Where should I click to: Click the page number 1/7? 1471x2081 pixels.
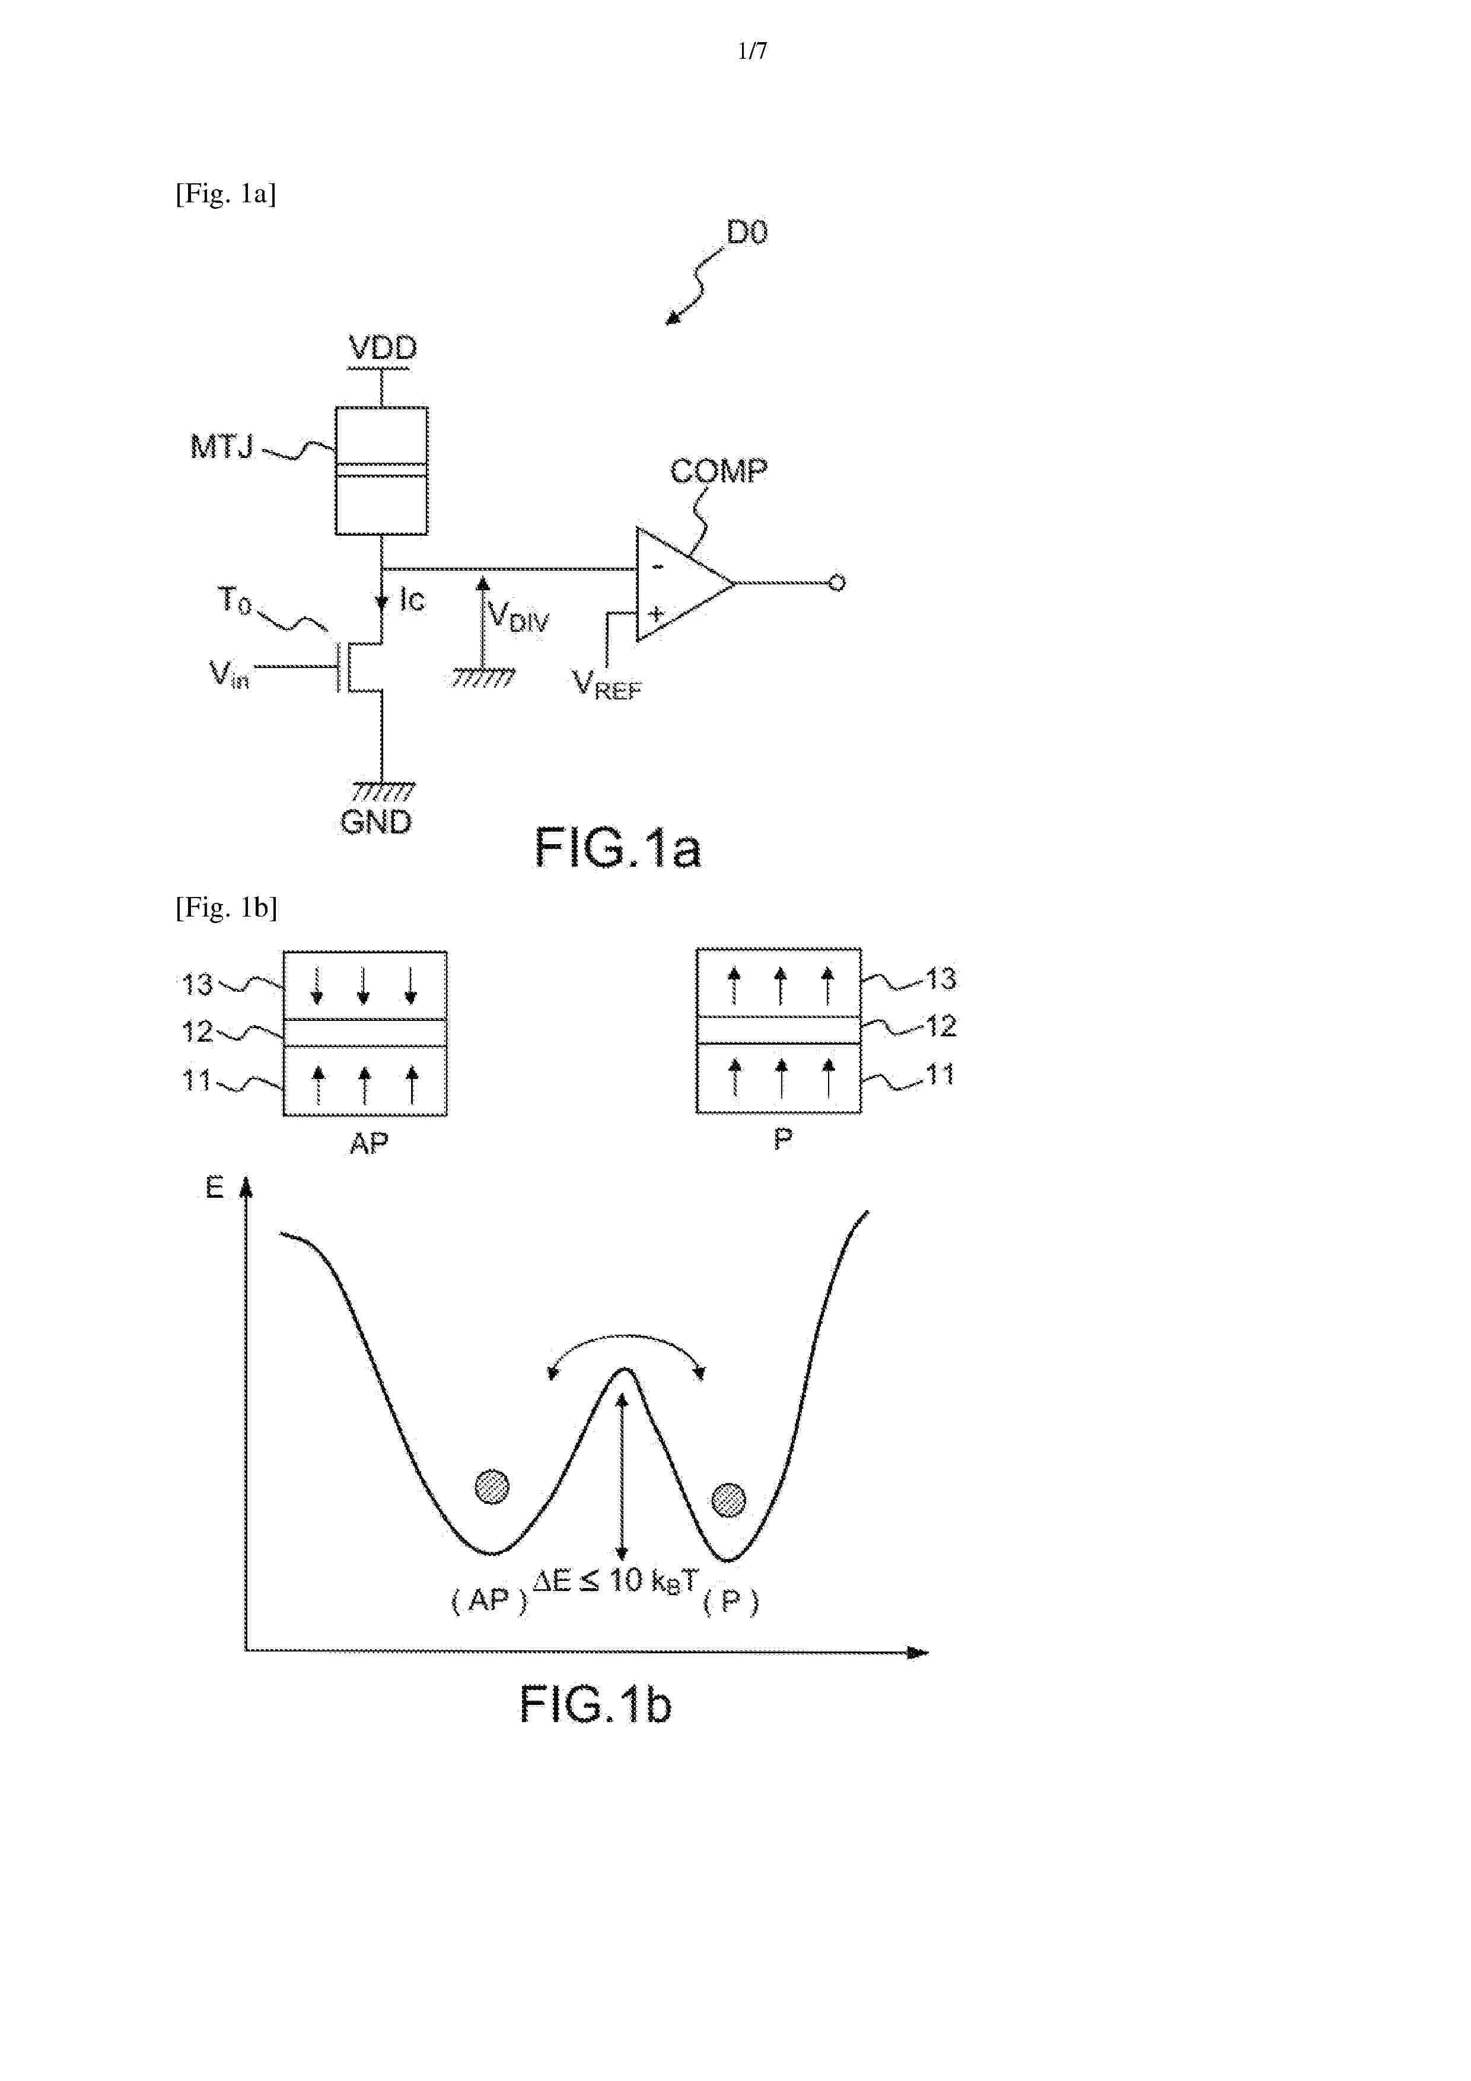click(752, 51)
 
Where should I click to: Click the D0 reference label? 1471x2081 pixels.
click(747, 233)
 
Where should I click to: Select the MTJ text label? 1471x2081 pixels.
click(222, 446)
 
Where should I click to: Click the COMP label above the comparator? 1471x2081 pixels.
click(718, 470)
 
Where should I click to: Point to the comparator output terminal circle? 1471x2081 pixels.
click(836, 583)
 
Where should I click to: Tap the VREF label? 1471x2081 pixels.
click(606, 685)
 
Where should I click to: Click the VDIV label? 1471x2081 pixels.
click(518, 616)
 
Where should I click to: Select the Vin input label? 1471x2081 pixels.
click(228, 674)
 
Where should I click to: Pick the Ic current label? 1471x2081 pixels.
click(412, 599)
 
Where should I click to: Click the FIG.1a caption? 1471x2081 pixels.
click(617, 848)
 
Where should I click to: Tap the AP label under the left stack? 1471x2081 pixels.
click(369, 1144)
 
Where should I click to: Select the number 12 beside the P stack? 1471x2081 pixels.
click(940, 1026)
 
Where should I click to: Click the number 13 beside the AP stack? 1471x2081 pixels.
click(197, 984)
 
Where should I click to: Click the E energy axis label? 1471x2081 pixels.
click(214, 1188)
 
